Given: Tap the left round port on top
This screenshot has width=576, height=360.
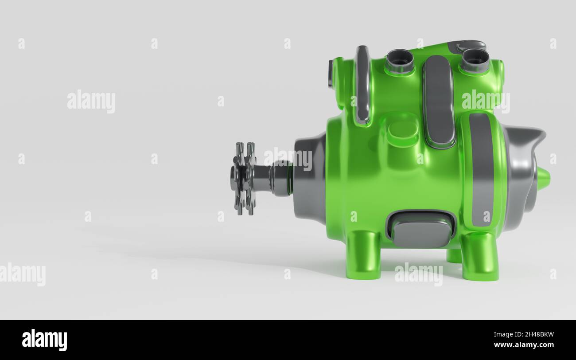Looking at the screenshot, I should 399,61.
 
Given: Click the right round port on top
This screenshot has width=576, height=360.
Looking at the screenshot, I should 474,60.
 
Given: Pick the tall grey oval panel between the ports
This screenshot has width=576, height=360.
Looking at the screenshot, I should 438,101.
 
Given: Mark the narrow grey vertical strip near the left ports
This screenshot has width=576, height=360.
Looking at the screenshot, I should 362,84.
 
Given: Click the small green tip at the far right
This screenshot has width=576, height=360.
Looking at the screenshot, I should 543,178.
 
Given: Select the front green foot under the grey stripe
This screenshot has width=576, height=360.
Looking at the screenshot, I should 480,257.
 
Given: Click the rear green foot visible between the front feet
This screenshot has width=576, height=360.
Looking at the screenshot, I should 453,256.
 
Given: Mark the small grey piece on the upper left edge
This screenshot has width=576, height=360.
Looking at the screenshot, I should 331,74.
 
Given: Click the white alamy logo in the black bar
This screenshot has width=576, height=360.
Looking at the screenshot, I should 44,340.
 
